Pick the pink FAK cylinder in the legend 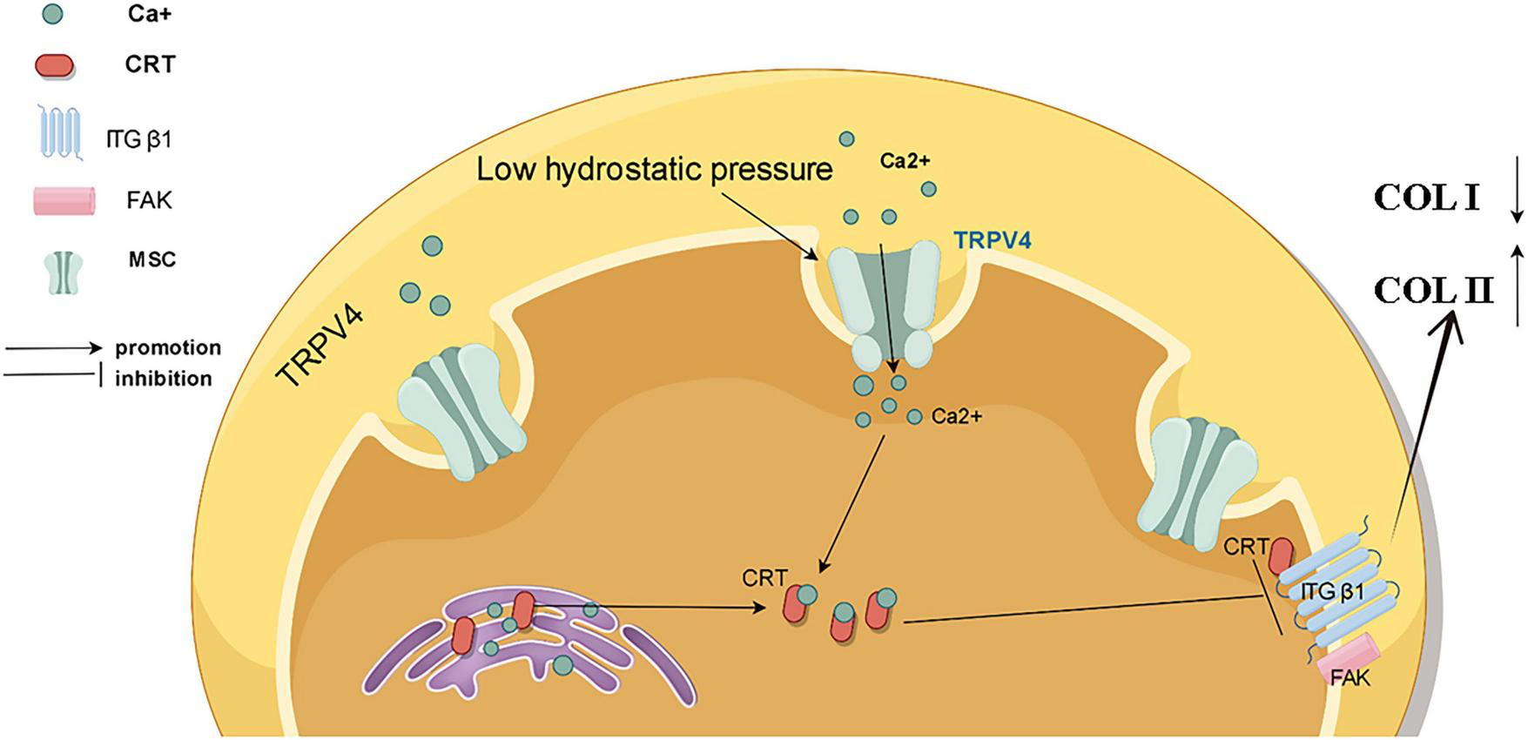tap(64, 201)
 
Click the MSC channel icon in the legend tap(63, 273)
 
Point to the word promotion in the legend tap(168, 348)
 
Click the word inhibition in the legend tap(164, 380)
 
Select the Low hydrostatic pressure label tap(655, 169)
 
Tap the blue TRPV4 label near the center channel tap(993, 240)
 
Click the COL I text tap(1426, 198)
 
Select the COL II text tap(1433, 291)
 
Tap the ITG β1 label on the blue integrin tap(1331, 592)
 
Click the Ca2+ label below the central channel tap(956, 417)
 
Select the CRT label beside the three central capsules tap(764, 577)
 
